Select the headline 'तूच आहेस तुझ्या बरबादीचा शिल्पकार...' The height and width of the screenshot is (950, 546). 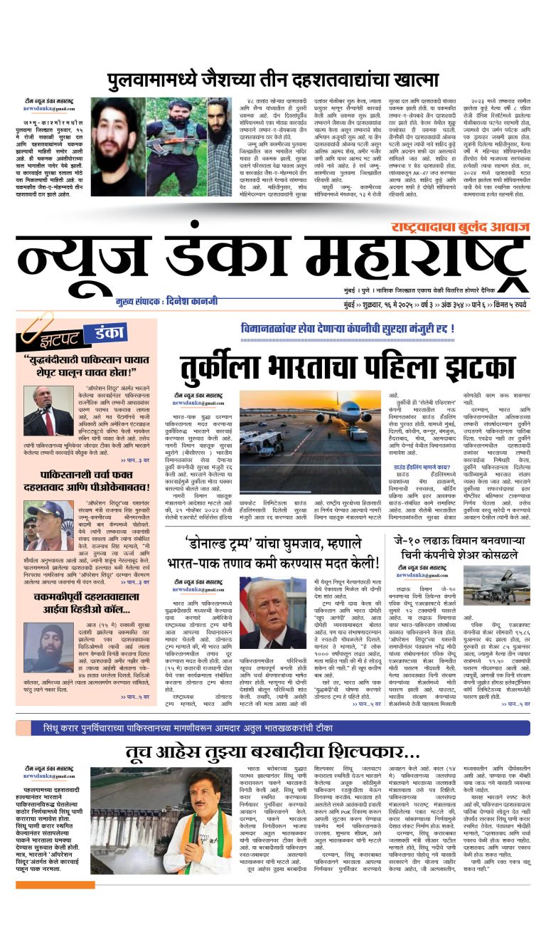[273, 753]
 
